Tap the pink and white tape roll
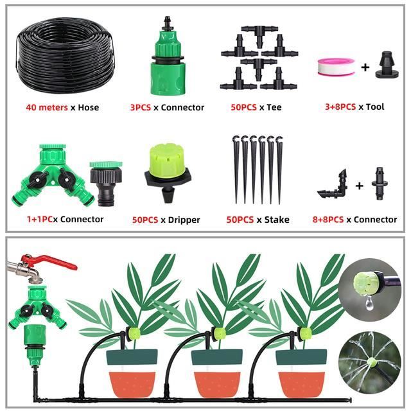[336, 67]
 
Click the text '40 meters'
[47, 107]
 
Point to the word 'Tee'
[274, 107]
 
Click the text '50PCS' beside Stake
[240, 220]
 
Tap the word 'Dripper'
[184, 220]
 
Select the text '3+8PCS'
[340, 107]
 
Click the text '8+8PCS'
[328, 220]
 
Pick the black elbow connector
[333, 184]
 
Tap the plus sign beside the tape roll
[365, 67]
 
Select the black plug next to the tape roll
[387, 65]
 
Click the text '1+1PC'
[40, 220]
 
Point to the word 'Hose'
[89, 107]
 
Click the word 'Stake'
[277, 220]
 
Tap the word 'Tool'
[375, 107]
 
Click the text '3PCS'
[141, 107]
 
